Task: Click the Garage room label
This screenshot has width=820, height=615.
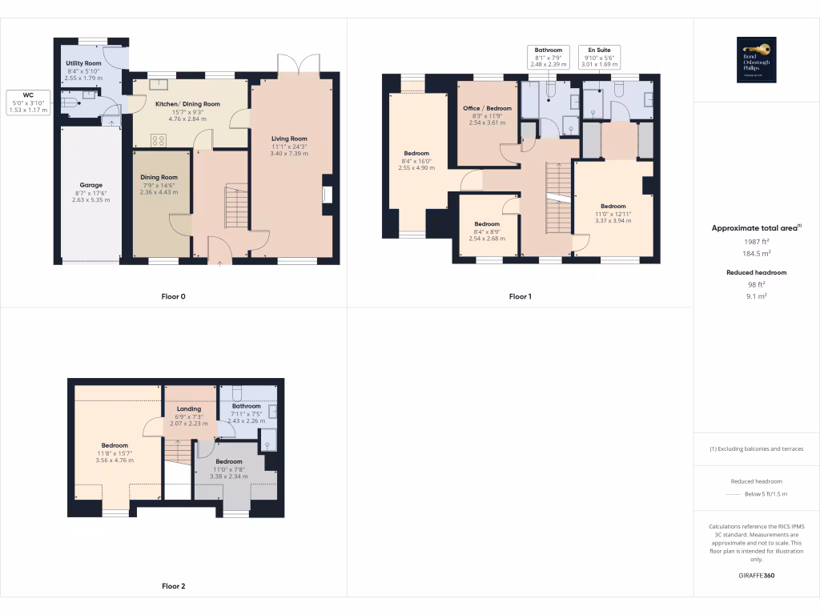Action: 88,185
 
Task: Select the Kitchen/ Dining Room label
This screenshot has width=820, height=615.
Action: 187,104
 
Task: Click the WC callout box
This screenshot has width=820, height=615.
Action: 28,102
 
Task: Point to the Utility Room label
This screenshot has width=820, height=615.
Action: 83,62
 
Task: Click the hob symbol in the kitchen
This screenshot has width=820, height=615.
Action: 158,140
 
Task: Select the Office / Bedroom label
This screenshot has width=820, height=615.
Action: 487,108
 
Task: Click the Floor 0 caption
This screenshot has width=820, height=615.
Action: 173,296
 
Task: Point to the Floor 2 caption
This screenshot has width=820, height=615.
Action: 173,586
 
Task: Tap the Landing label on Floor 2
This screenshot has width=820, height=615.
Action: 189,409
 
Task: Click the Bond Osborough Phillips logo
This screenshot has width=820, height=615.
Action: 757,60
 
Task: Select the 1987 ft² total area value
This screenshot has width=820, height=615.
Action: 756,241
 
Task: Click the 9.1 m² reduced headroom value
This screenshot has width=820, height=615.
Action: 756,295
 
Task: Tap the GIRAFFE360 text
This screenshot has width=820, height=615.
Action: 756,576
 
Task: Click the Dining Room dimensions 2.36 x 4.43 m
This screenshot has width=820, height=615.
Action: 159,192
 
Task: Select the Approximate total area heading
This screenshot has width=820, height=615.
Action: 756,228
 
